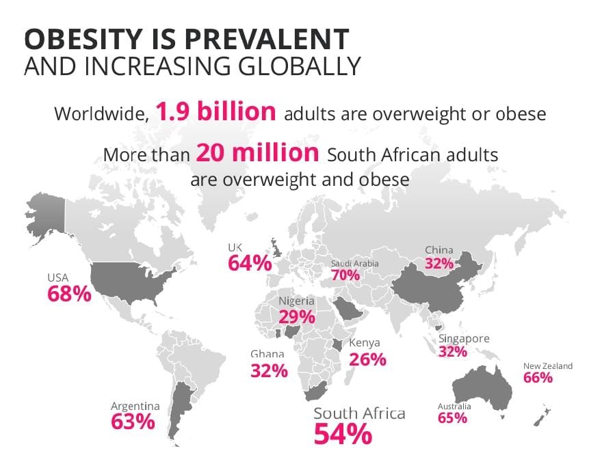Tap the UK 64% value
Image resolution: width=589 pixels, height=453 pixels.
250,263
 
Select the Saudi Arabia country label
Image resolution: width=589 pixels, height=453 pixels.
354,264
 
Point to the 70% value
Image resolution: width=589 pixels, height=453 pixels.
345,276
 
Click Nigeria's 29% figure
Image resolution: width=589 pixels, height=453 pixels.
296,316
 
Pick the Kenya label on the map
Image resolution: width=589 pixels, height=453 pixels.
365,343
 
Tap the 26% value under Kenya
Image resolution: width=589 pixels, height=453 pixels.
367,359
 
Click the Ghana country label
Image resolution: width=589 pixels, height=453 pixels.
267,354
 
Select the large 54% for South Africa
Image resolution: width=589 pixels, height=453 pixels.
343,433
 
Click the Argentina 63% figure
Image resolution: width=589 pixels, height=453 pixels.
133,422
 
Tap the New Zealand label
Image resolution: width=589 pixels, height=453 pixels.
548,366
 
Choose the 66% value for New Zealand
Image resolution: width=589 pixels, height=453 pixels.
538,378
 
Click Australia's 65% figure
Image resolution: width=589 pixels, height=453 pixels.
452,418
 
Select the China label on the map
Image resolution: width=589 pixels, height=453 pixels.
439,251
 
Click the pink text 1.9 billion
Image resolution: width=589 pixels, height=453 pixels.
215,111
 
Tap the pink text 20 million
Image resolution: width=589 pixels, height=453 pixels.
257,152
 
